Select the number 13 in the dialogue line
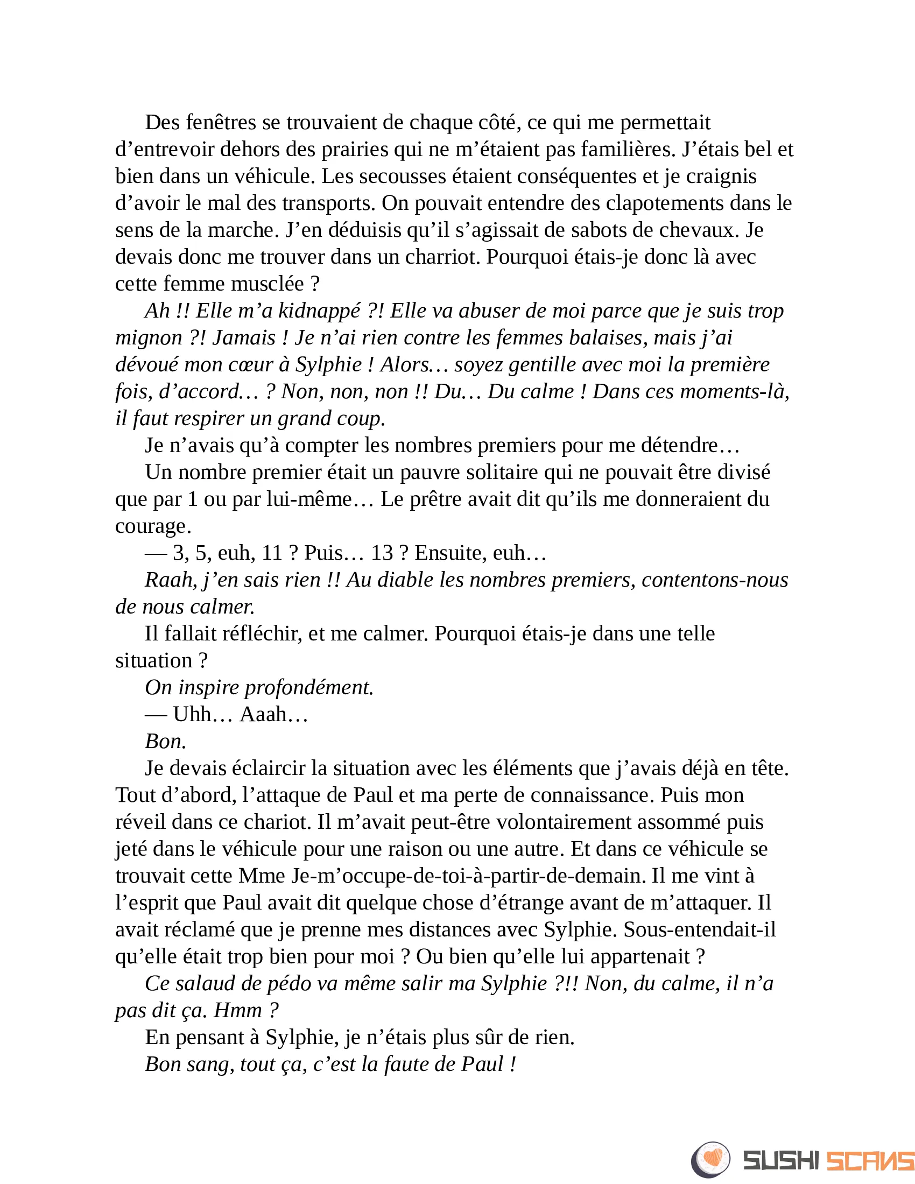click(x=382, y=553)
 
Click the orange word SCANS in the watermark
click(x=870, y=1161)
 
